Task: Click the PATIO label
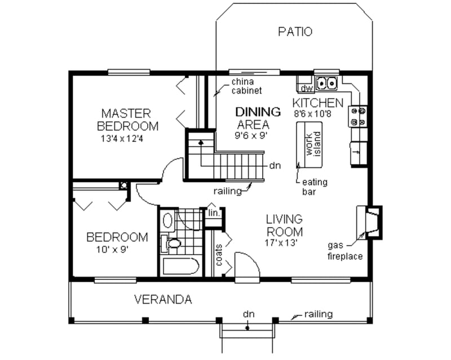[x=295, y=32]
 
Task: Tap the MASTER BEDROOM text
[x=127, y=118]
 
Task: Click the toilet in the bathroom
[x=173, y=244]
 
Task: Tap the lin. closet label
[x=213, y=214]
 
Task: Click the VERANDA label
[x=163, y=299]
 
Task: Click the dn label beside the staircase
[x=276, y=166]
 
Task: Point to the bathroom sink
[x=166, y=220]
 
